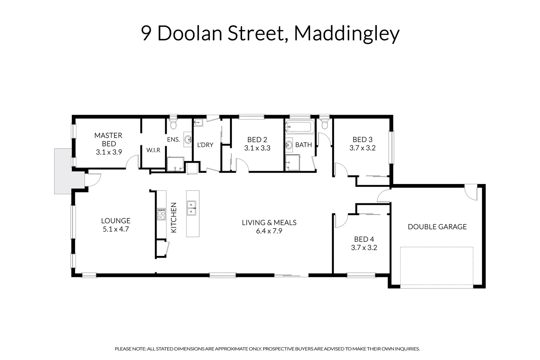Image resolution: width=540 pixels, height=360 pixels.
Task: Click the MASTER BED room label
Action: pos(108,140)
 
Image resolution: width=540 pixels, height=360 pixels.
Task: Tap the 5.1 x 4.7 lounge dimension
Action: pos(116,229)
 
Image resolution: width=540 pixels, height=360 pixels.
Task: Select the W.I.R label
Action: pos(153,150)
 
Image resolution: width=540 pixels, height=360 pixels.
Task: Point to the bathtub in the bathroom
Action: pos(300,127)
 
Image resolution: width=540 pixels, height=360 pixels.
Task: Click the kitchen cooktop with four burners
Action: pos(161,214)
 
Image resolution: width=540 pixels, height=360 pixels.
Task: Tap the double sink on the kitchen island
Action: pos(191,208)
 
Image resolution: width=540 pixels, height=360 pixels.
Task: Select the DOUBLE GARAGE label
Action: pos(437,227)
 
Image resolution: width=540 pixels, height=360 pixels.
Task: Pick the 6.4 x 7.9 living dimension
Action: pos(269,231)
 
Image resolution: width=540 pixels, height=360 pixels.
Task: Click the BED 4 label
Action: pos(364,239)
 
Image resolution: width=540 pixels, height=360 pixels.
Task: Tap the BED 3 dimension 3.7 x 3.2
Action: pos(362,148)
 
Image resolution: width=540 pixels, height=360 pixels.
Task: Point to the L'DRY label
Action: pos(205,145)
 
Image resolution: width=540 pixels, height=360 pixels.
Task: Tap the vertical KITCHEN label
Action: pos(174,218)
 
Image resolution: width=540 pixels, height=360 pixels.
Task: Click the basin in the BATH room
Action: pos(289,145)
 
